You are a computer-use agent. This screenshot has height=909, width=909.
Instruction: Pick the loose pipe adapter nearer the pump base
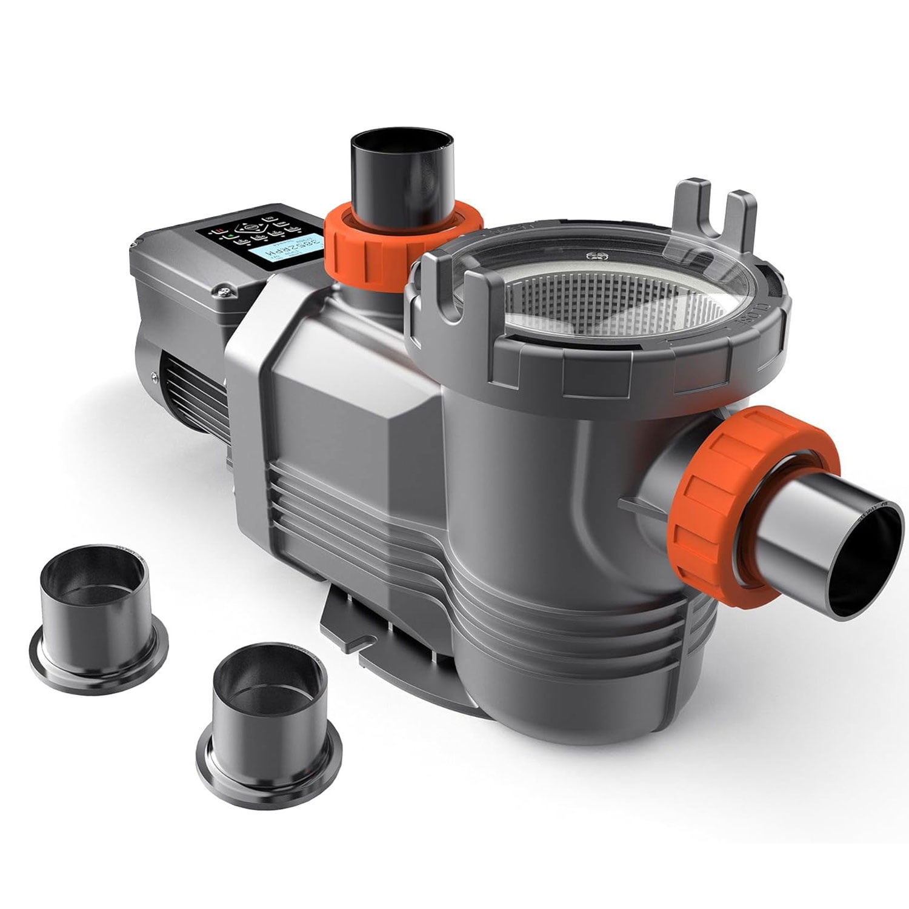coord(266,703)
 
